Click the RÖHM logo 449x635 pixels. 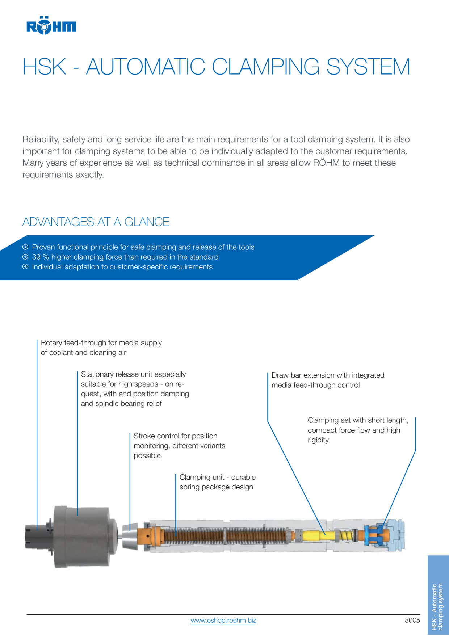[x=51, y=25]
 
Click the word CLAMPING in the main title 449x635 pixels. [x=265, y=67]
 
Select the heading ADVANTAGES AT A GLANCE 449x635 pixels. [x=96, y=222]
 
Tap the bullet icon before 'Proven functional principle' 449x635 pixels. [x=25, y=247]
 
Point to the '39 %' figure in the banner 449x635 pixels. [x=41, y=257]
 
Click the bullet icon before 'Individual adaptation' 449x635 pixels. [x=25, y=267]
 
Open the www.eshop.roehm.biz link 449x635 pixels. [x=223, y=620]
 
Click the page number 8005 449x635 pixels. [x=412, y=620]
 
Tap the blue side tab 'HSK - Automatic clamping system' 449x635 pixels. [x=438, y=595]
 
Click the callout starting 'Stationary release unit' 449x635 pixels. [x=135, y=389]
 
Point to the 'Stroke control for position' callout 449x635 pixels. [x=180, y=446]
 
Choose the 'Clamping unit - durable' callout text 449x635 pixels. [x=218, y=482]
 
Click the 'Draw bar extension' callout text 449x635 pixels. [x=328, y=380]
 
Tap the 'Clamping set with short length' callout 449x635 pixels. [x=358, y=430]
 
